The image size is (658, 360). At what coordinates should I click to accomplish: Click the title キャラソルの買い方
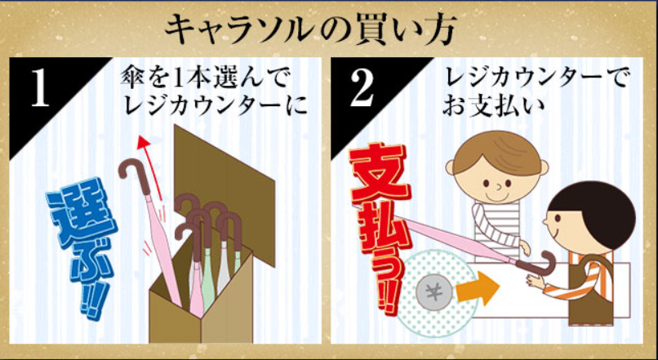tap(309, 31)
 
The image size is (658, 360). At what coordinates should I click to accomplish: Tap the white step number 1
tap(40, 89)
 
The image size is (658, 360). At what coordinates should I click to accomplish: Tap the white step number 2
tap(362, 89)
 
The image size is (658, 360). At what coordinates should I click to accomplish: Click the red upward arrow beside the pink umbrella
tap(153, 167)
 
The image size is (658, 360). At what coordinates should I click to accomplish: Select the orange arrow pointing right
tap(478, 288)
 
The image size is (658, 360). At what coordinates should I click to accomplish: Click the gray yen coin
tap(434, 292)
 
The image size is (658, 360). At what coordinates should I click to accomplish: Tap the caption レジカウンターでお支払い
tap(536, 92)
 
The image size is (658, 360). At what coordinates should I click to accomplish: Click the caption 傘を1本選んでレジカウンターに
tap(213, 92)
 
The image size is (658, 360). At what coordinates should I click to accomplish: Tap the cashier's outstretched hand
tap(535, 281)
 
